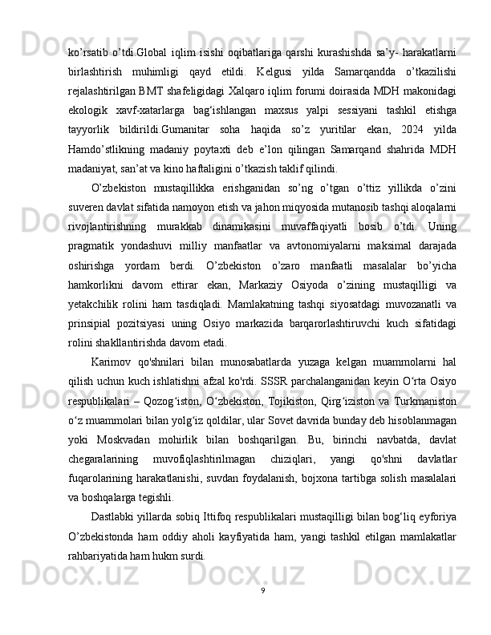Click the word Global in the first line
(147, 31)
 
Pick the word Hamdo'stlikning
(101, 127)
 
